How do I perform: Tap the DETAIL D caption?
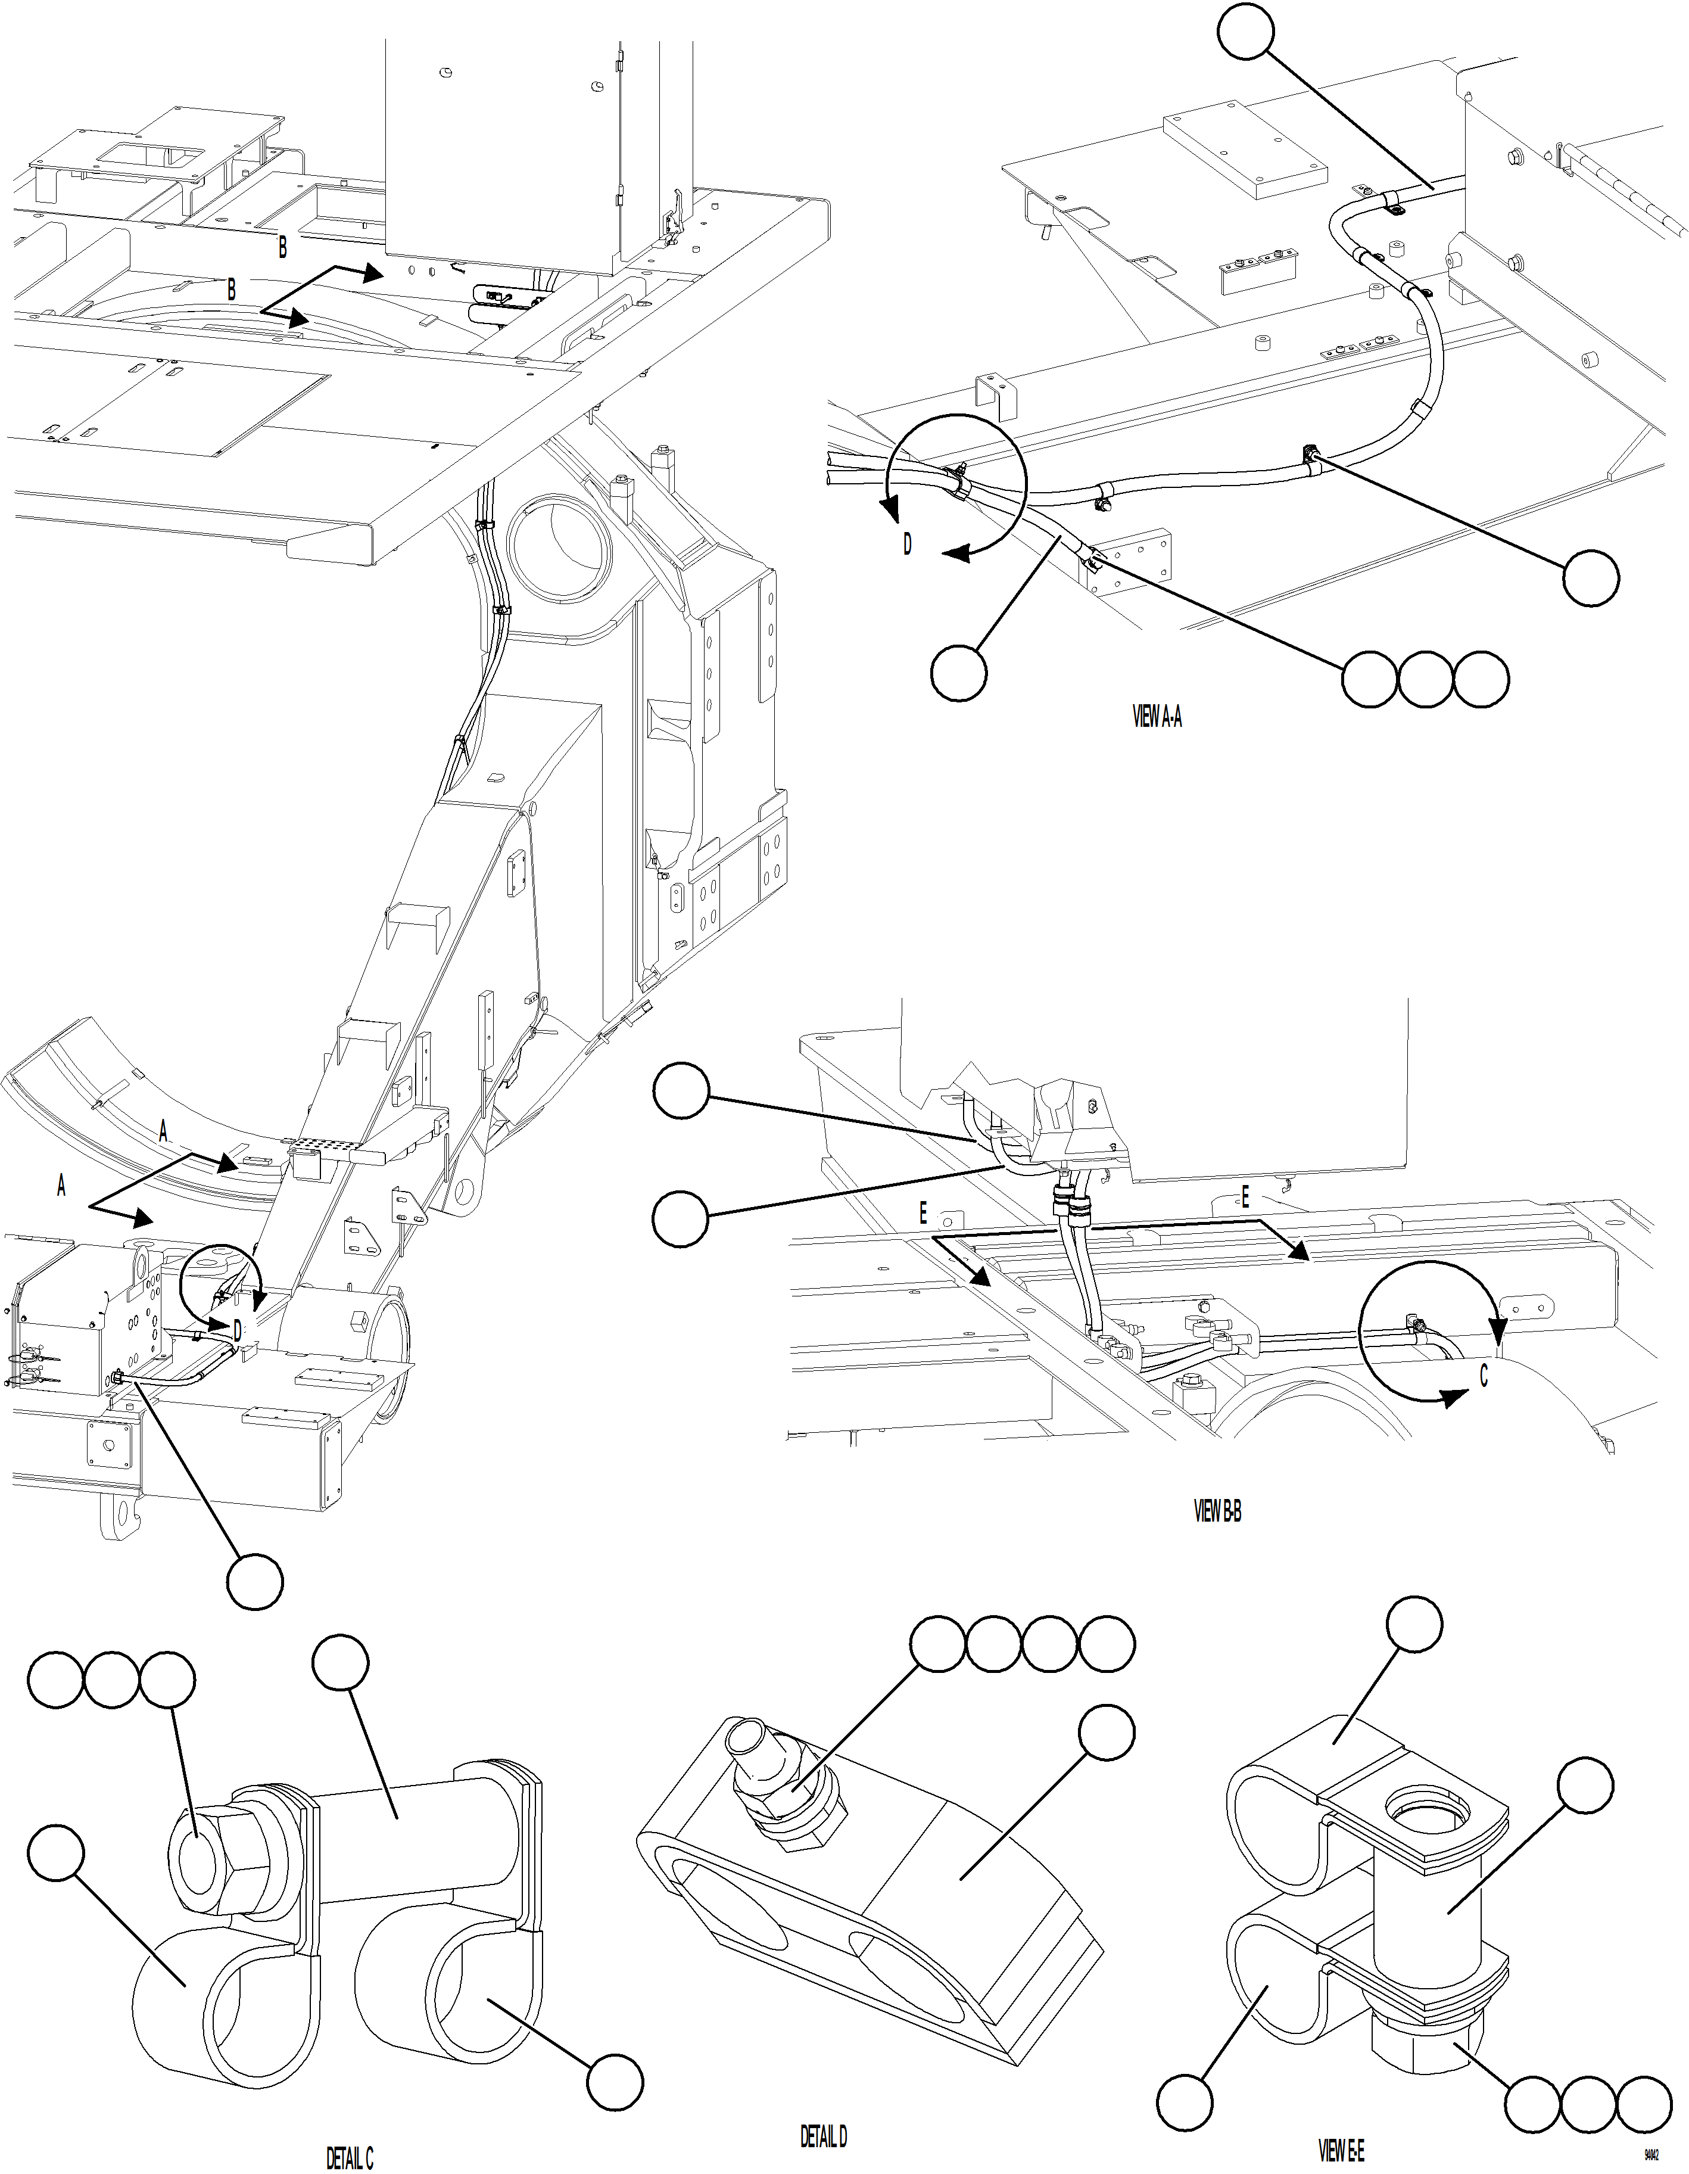point(823,2136)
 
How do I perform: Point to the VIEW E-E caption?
point(1341,2152)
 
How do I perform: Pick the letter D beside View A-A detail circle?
point(906,545)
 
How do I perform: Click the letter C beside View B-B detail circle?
point(1483,1377)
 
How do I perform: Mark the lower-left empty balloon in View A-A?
point(958,673)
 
